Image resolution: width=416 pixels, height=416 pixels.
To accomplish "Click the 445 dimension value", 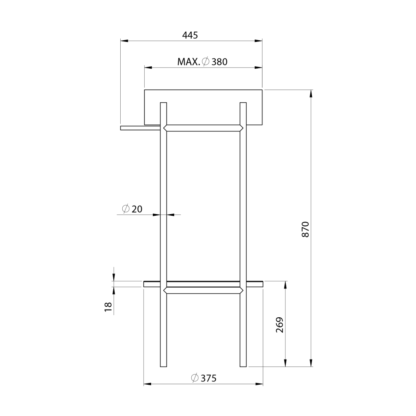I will click(190, 35).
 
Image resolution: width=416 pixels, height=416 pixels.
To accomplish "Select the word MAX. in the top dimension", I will click(188, 62).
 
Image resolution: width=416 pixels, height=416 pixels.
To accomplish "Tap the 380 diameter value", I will click(219, 62).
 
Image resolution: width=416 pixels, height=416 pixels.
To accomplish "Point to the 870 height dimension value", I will click(305, 230).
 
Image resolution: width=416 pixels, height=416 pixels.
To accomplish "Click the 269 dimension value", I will click(279, 325).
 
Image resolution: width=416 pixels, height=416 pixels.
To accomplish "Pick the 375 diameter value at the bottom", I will click(208, 379).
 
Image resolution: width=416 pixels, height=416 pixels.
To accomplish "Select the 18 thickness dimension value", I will click(108, 307).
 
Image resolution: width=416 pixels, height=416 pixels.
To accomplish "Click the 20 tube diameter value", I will click(137, 209).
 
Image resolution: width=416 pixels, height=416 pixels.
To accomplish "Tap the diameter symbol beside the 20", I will click(126, 209).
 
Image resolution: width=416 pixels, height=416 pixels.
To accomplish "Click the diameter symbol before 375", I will click(195, 378).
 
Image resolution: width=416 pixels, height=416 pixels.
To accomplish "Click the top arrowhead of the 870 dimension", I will click(311, 93).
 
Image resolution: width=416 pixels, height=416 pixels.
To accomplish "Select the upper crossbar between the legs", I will click(203, 128).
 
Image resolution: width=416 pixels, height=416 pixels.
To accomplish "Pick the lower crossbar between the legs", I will click(203, 290).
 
